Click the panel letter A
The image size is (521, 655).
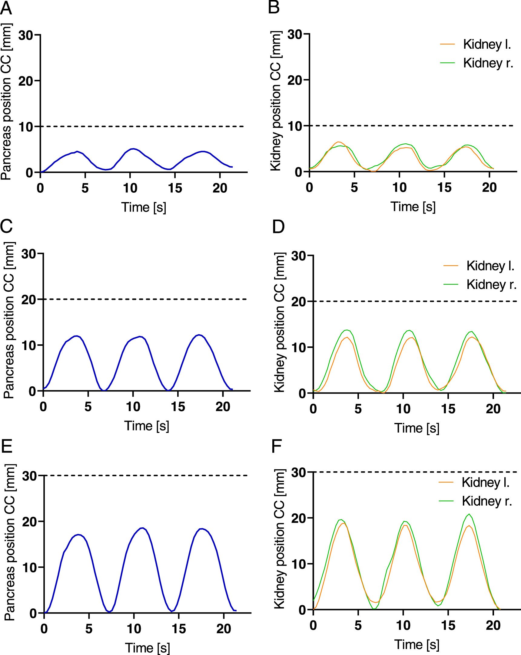point(6,8)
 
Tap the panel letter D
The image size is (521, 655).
point(278,227)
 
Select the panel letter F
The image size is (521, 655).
point(277,446)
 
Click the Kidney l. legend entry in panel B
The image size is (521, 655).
point(487,44)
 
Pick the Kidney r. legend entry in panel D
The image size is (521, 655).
point(491,285)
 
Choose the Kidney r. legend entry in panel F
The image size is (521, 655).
point(487,501)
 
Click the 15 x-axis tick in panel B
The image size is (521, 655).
point(444,188)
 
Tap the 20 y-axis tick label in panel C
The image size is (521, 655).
point(28,300)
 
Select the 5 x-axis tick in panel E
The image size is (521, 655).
point(89,629)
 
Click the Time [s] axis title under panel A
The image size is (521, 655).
point(144,207)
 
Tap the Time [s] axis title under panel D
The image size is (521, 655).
point(417,428)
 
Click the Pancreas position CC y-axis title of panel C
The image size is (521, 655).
point(9,320)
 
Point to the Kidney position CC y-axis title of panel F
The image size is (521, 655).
point(279,539)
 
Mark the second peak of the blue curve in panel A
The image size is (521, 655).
point(133,149)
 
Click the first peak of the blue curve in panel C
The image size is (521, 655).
point(77,336)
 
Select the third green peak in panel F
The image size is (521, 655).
point(469,514)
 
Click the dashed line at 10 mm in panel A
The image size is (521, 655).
point(143,126)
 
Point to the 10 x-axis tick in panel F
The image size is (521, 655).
point(403,626)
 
